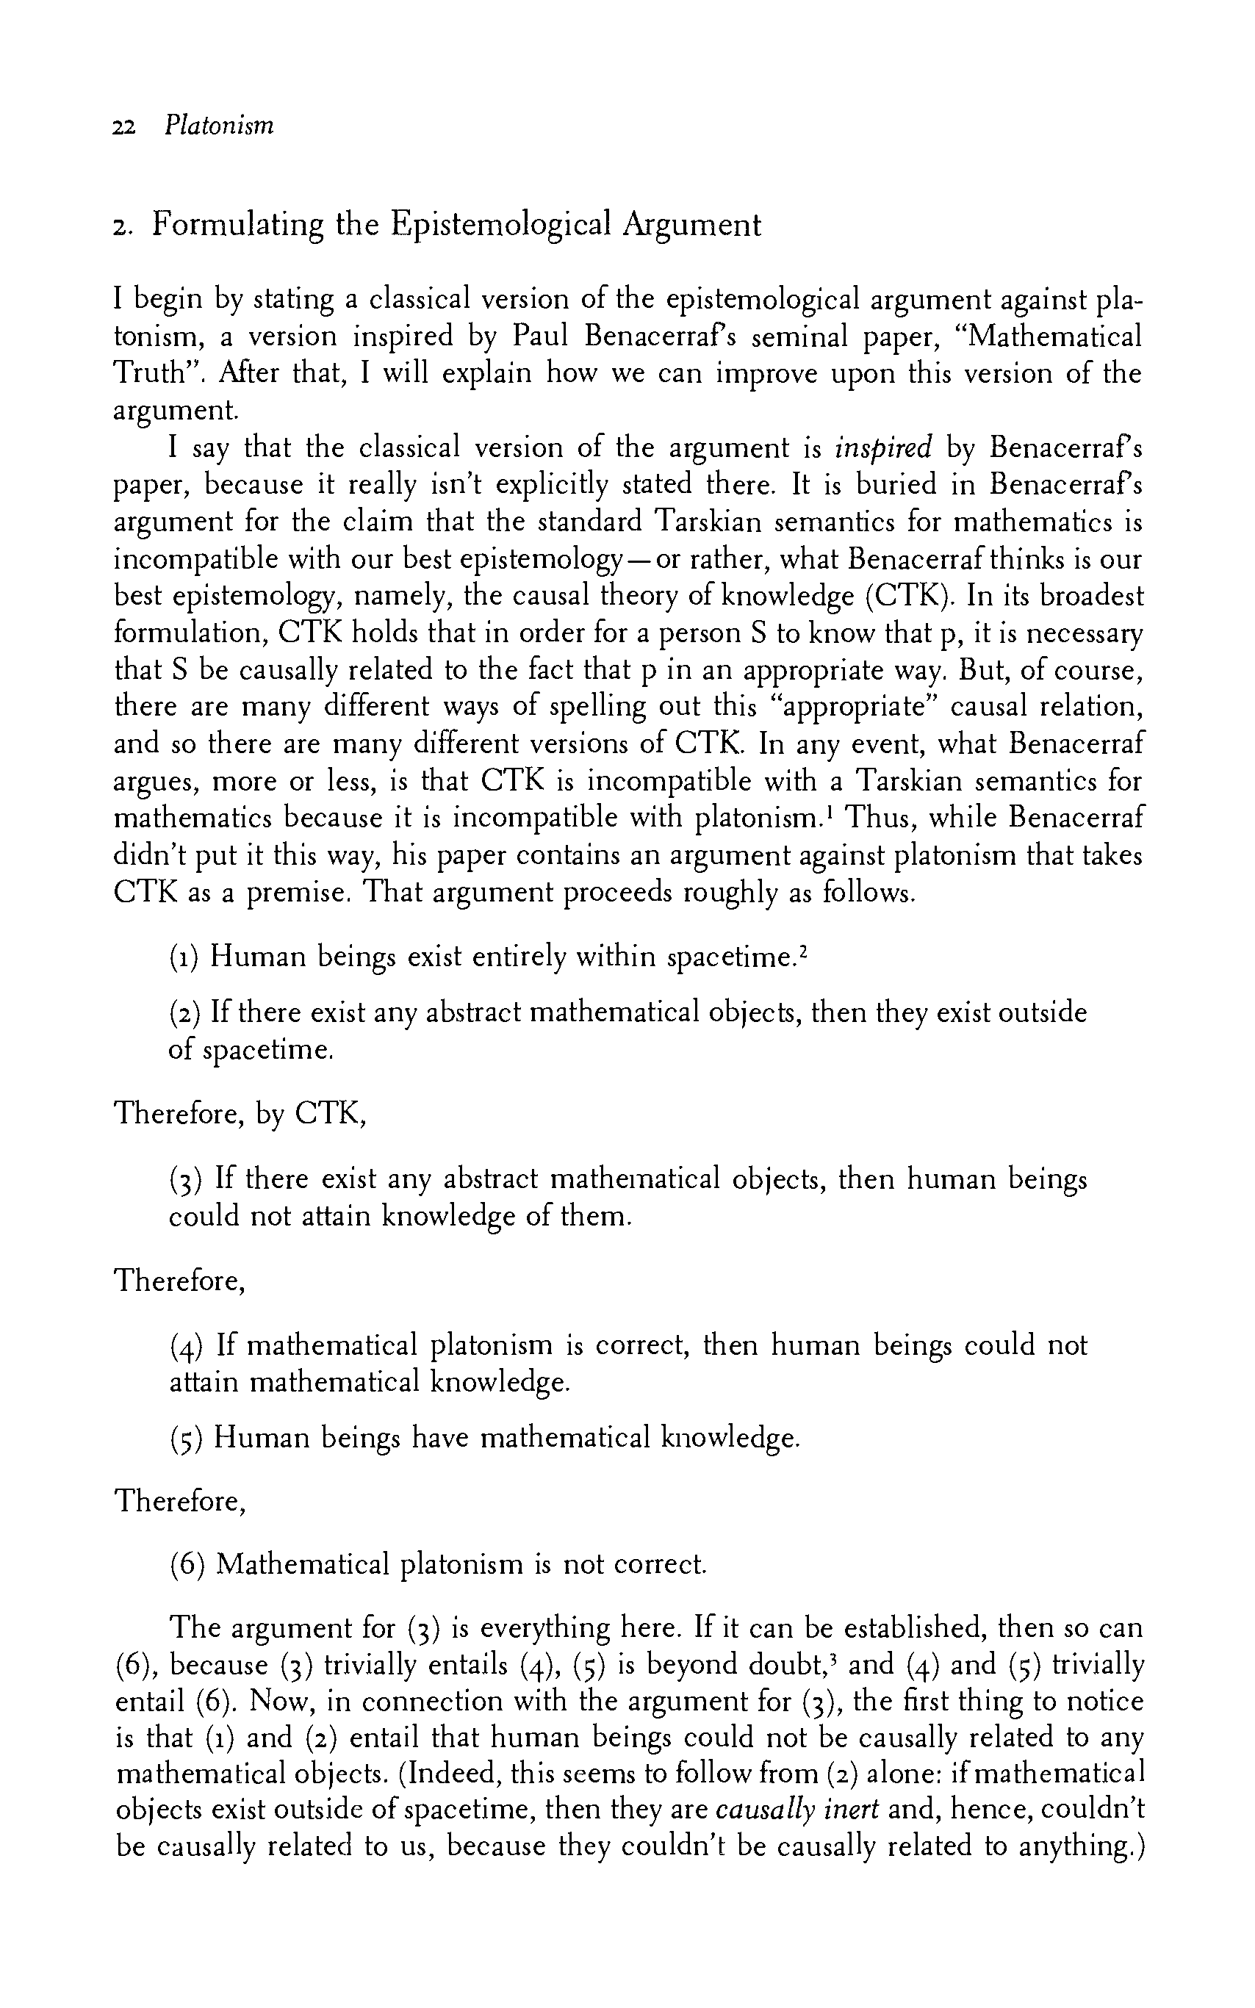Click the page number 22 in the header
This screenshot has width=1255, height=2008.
123,127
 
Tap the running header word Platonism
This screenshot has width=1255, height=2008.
219,126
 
